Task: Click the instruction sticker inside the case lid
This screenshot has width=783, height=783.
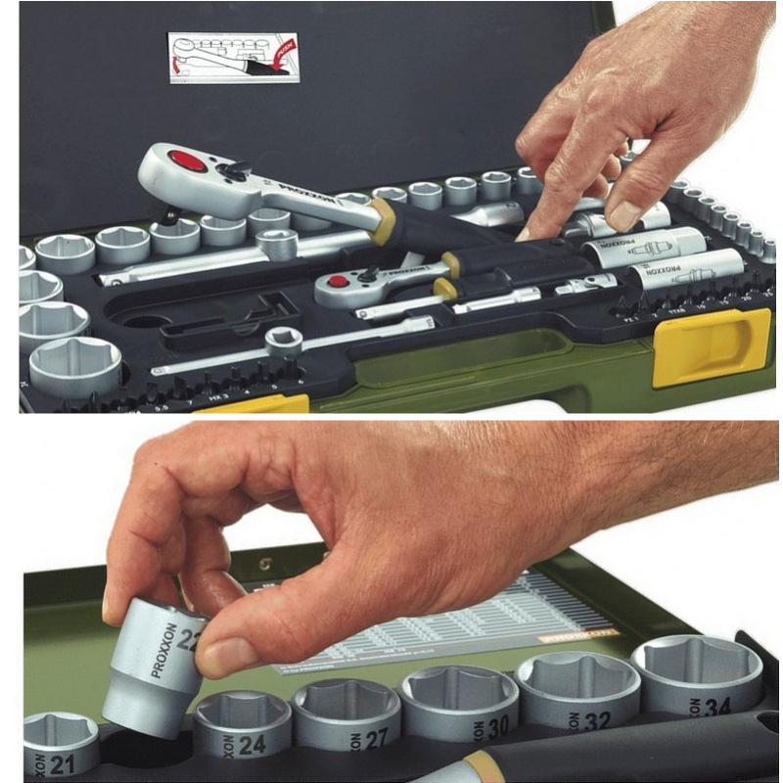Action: click(233, 58)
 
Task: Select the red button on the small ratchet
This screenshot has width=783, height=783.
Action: click(339, 281)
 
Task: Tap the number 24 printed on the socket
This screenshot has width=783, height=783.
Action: click(252, 745)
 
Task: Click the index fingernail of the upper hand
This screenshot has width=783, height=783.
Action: click(624, 214)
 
